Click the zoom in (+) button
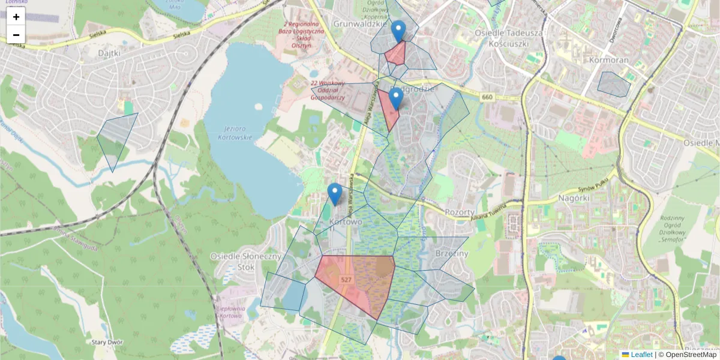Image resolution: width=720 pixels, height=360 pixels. click(16, 17)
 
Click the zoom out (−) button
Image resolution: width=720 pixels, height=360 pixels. click(16, 35)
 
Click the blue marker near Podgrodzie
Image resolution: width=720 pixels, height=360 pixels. click(395, 99)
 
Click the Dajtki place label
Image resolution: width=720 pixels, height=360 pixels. click(109, 53)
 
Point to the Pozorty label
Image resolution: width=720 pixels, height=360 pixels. click(460, 212)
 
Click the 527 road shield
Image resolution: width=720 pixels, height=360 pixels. click(346, 280)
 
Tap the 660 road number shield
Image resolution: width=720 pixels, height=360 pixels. click(486, 97)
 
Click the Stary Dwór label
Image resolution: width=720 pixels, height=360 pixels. click(107, 342)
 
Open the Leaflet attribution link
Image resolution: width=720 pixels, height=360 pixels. click(641, 355)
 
